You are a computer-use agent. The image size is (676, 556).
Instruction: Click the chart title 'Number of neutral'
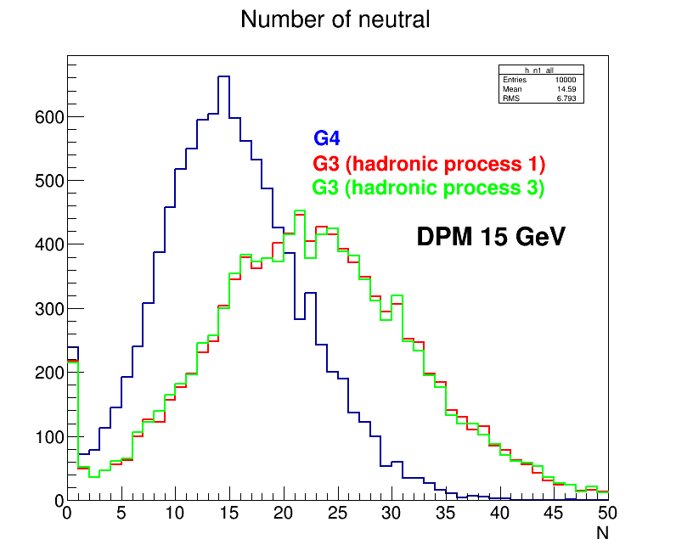coord(335,20)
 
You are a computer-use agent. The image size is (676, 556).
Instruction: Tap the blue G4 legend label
coord(327,138)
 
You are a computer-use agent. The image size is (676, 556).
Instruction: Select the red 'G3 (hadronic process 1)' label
coord(428,163)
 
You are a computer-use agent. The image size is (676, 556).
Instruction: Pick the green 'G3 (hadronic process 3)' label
coord(428,188)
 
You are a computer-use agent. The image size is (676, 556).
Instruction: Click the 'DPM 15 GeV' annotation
coord(490,238)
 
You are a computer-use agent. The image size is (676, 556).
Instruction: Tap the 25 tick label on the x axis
coord(337,514)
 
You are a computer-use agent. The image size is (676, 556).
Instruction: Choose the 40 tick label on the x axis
coord(499,514)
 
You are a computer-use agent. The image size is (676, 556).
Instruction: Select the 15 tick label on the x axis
coord(229,514)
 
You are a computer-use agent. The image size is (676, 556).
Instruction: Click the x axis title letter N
coord(602,534)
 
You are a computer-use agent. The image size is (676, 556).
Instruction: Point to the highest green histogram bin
coord(300,211)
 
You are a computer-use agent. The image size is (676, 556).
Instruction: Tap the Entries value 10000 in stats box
coord(565,81)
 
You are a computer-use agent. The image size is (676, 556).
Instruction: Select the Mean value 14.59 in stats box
coord(566,89)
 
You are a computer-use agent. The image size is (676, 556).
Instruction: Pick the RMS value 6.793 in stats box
coord(566,98)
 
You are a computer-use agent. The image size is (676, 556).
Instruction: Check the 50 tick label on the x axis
coord(607,514)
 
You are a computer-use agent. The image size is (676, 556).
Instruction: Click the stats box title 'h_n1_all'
coord(540,70)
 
